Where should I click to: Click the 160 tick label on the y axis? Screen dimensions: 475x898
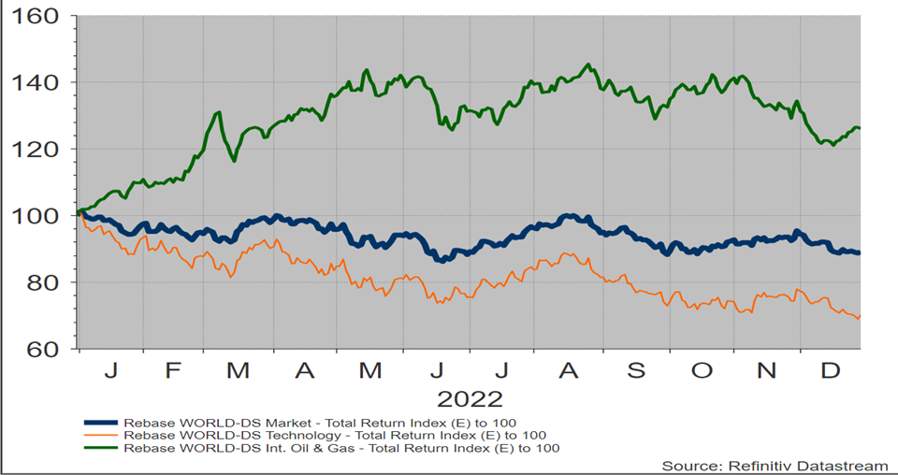pos(35,18)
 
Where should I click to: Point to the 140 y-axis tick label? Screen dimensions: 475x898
pos(35,83)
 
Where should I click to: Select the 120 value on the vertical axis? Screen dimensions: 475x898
pos(35,150)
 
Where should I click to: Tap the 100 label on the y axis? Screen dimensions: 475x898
pos(35,216)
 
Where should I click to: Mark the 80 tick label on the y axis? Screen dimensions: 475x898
pos(40,282)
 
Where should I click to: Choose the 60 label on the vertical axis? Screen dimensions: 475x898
pos(40,349)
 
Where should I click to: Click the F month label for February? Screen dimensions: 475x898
pos(173,371)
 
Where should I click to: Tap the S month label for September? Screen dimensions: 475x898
pos(636,371)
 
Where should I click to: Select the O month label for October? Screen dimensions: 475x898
pos(702,371)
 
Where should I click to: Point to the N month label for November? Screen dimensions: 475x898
pos(767,371)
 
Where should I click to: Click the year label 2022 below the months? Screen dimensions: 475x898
pos(471,399)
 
